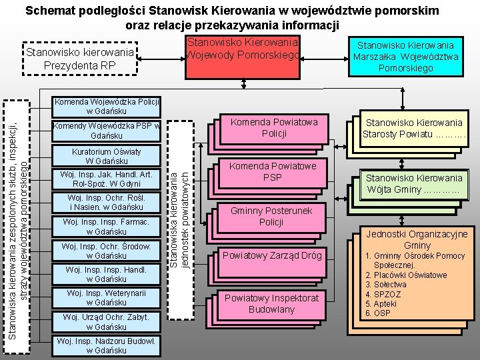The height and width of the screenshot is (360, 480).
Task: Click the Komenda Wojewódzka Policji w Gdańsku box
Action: point(107,106)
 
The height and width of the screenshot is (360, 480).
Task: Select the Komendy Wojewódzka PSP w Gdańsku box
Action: point(107,131)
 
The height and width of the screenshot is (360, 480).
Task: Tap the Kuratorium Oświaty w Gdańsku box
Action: point(107,156)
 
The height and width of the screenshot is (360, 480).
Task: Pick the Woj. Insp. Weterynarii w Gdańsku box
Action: point(107,298)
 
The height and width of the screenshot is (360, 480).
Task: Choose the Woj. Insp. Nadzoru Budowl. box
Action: point(107,345)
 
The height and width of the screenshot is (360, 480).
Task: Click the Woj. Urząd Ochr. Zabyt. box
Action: point(107,322)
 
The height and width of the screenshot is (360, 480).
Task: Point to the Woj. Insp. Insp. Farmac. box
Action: point(107,227)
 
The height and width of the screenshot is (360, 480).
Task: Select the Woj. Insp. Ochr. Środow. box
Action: point(107,251)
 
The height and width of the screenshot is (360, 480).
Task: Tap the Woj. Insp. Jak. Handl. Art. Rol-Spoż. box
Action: point(107,179)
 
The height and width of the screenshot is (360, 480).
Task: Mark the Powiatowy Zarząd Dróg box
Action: point(272,255)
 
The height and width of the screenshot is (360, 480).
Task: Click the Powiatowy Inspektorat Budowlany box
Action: point(271,303)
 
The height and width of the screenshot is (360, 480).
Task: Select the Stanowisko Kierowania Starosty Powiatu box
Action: point(413,128)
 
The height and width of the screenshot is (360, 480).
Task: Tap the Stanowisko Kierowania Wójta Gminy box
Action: point(413,183)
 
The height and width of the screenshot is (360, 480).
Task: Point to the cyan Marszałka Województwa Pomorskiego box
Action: point(414,57)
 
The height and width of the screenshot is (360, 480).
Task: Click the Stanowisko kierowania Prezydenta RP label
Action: point(79,59)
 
